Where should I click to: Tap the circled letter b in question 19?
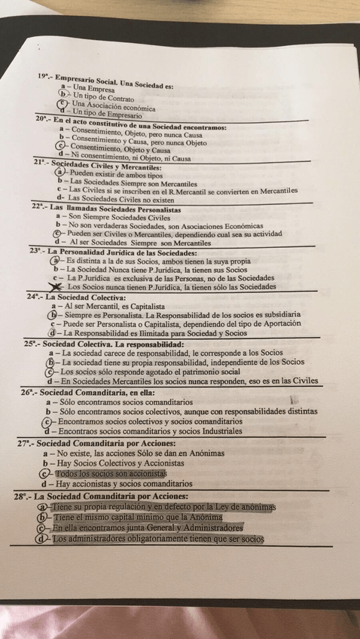click(63, 94)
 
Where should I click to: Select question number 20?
click(41, 119)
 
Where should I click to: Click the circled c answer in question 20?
click(61, 145)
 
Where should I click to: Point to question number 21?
click(39, 161)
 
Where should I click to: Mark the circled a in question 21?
click(61, 172)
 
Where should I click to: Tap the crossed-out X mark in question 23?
click(58, 286)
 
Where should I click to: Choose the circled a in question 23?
click(56, 260)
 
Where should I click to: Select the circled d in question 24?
click(51, 332)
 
